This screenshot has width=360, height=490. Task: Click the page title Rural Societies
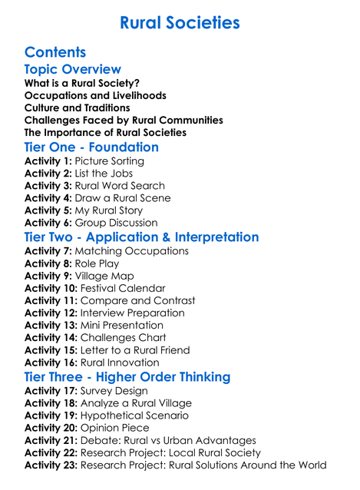tap(180, 22)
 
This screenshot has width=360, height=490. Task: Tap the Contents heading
tap(55, 52)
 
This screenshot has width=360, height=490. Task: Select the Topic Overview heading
tap(73, 70)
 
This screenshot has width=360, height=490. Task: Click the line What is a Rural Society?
tap(82, 83)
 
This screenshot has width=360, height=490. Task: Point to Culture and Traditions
tap(78, 108)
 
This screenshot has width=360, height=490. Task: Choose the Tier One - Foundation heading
tap(91, 147)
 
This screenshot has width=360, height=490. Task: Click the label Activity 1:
tap(48, 161)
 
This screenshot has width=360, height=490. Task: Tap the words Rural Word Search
tap(120, 186)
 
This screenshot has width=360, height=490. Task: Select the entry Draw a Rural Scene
tap(123, 198)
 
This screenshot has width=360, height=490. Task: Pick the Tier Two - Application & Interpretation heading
tap(142, 237)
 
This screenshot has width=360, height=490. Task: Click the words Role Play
tap(97, 263)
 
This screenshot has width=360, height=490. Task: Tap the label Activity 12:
tap(51, 313)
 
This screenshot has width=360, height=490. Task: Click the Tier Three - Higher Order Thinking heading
tap(127, 376)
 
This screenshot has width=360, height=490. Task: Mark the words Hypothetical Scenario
tap(134, 416)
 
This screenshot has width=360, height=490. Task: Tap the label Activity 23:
tap(51, 465)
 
